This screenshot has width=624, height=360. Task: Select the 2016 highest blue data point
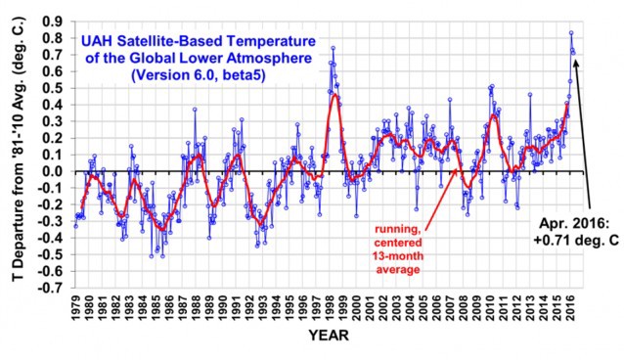point(571,32)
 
